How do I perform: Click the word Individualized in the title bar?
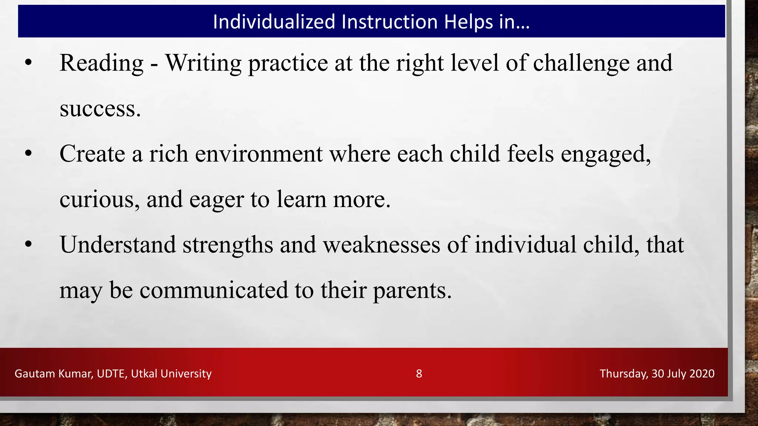coord(274,22)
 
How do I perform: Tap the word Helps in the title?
coord(468,22)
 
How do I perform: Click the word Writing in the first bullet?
coord(203,63)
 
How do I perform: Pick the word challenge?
coord(581,63)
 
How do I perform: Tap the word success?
coord(100,109)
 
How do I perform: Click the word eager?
coord(217,200)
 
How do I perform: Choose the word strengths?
coord(228,245)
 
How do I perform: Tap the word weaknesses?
coord(382,245)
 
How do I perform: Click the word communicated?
coord(214,290)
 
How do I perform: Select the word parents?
coord(412,291)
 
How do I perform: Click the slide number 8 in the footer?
coord(419,373)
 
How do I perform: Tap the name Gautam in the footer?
coord(35,373)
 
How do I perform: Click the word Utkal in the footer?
coord(144,373)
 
